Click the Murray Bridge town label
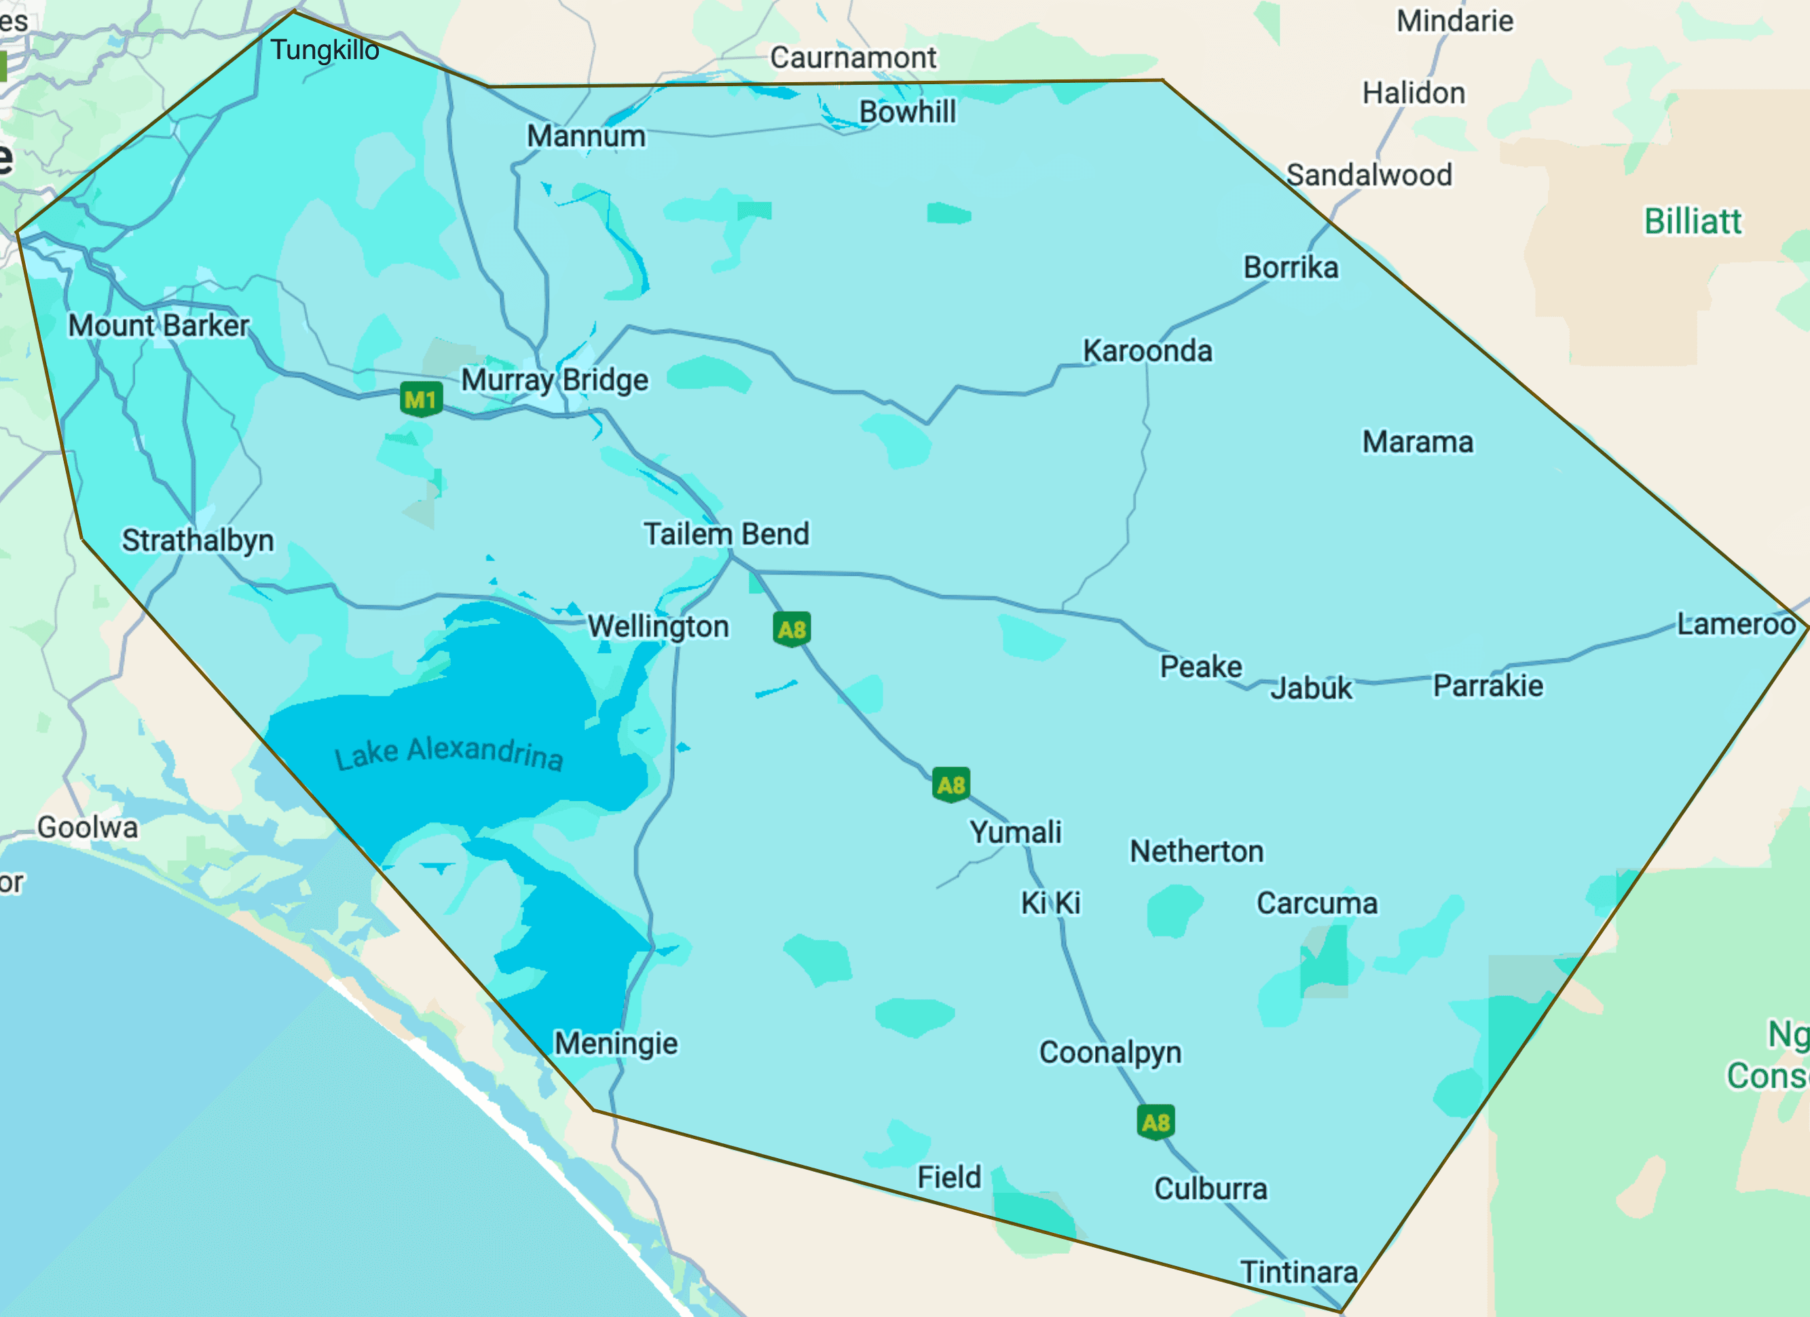pyautogui.click(x=555, y=380)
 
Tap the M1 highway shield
pyautogui.click(x=420, y=398)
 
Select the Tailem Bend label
pyautogui.click(x=726, y=534)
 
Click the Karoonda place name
pyautogui.click(x=1147, y=351)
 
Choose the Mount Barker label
pyautogui.click(x=159, y=326)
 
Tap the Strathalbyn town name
pyautogui.click(x=198, y=540)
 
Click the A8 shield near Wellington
pyautogui.click(x=792, y=629)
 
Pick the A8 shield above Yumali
pyautogui.click(x=950, y=785)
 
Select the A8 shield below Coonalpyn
pyautogui.click(x=1155, y=1122)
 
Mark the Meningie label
pyautogui.click(x=616, y=1043)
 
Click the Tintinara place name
pyautogui.click(x=1299, y=1272)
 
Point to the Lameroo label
pyautogui.click(x=1736, y=623)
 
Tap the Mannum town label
pyautogui.click(x=586, y=136)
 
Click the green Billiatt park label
pyautogui.click(x=1693, y=221)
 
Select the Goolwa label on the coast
pyautogui.click(x=88, y=828)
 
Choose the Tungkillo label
pyautogui.click(x=325, y=50)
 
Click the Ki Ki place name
pyautogui.click(x=1051, y=903)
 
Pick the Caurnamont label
pyautogui.click(x=853, y=58)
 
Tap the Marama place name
pyautogui.click(x=1418, y=442)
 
